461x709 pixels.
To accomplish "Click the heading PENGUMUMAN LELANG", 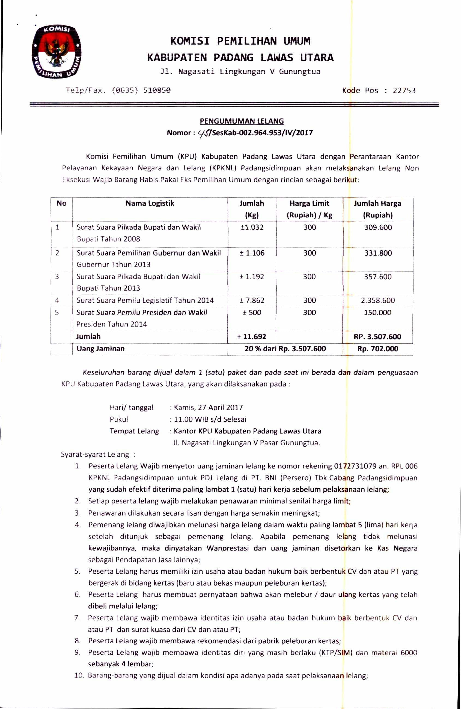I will [x=242, y=121].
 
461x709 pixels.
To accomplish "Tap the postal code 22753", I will [x=404, y=91].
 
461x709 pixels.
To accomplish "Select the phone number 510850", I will [x=157, y=90].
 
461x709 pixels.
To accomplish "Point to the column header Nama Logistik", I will [x=150, y=203].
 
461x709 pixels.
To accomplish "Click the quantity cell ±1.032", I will [x=252, y=228].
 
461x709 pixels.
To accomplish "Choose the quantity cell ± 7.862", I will [x=252, y=300].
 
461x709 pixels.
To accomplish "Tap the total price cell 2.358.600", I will [x=378, y=300].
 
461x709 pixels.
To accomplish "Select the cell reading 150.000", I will [x=377, y=313].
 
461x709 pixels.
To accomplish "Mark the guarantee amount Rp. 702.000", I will [x=377, y=349].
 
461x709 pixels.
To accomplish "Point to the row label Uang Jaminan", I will [x=100, y=349].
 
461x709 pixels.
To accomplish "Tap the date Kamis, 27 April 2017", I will [x=208, y=407].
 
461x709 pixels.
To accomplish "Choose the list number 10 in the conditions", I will [x=79, y=675].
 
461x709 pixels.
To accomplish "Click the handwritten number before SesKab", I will [x=204, y=133].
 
